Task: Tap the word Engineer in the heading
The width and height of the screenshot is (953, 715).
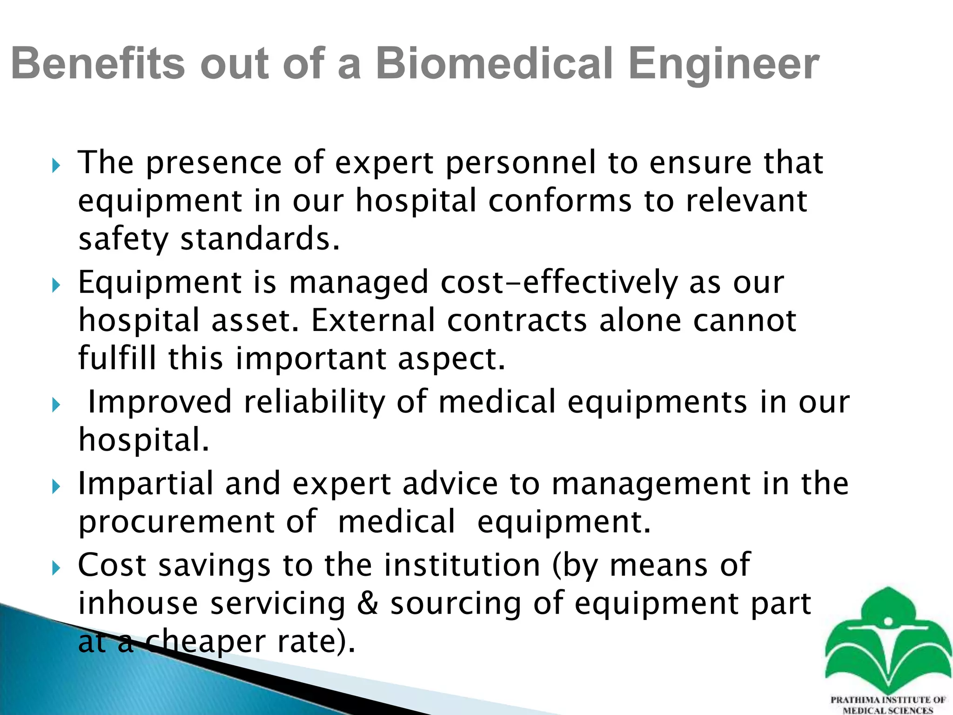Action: [x=723, y=65]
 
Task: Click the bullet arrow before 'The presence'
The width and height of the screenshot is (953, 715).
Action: [x=56, y=165]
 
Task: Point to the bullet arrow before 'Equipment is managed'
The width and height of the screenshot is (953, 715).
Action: [x=56, y=285]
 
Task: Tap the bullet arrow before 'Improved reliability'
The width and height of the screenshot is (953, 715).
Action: [x=56, y=405]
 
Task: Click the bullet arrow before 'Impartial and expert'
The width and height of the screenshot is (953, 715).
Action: [x=56, y=487]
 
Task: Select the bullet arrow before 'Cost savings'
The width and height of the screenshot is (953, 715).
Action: [x=56, y=568]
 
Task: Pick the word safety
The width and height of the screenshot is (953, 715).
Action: [x=123, y=239]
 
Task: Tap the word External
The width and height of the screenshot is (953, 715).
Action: [x=373, y=321]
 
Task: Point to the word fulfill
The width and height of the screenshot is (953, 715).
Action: [x=117, y=358]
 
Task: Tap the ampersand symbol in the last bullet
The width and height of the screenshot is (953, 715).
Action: [x=368, y=603]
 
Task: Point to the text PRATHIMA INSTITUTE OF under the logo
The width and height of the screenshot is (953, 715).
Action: [x=888, y=700]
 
